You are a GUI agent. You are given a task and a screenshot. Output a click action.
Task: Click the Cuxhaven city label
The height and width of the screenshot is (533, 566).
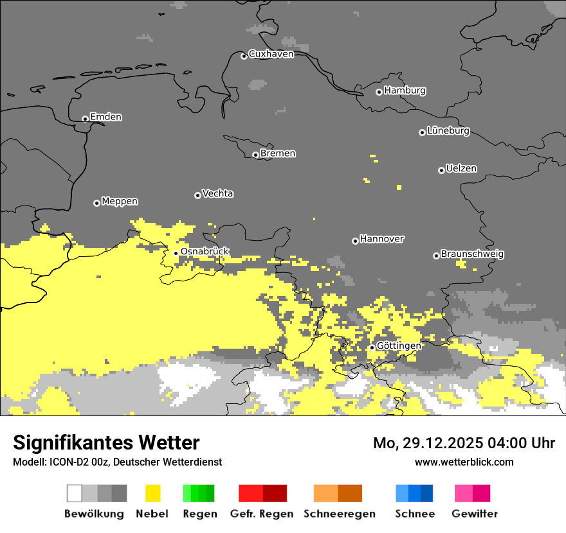(x=271, y=54)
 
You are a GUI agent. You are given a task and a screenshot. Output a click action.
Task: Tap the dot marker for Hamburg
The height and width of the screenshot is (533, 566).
(x=379, y=92)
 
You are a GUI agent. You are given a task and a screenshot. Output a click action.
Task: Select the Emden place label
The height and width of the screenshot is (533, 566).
(x=105, y=117)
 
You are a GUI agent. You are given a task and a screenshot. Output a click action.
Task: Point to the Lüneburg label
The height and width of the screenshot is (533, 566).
(x=448, y=130)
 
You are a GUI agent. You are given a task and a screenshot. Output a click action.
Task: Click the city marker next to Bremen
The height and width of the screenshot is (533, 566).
(x=255, y=155)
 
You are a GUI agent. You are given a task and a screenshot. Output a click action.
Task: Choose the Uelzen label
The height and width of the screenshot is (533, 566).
(x=461, y=168)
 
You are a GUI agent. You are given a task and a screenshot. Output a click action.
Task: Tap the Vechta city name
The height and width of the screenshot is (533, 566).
(x=217, y=193)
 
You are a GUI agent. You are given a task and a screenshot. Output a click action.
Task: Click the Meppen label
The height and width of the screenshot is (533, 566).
(x=119, y=201)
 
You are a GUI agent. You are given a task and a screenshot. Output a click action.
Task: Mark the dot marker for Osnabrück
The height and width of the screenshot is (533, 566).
(x=176, y=253)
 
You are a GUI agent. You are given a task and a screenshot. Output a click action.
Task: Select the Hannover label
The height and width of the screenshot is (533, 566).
(x=381, y=239)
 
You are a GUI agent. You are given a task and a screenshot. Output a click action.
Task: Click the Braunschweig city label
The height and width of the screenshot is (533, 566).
(x=472, y=254)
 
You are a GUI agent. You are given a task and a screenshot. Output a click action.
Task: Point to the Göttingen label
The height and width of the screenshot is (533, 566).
(x=399, y=345)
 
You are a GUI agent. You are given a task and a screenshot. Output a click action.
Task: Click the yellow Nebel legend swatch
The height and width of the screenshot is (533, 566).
(x=152, y=493)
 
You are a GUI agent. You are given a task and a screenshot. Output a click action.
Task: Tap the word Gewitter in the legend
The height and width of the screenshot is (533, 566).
(x=474, y=514)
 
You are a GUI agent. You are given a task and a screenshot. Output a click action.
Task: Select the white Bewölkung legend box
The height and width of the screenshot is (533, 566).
(x=75, y=493)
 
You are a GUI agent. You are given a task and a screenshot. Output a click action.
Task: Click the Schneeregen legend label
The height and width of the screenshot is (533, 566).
(x=339, y=514)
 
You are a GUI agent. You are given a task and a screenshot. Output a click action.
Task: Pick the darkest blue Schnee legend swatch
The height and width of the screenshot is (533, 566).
(x=426, y=493)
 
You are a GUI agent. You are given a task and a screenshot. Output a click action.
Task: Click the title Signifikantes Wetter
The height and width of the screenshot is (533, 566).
(x=106, y=442)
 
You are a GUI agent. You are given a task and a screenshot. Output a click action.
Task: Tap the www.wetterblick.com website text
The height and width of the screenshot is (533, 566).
(x=464, y=462)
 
